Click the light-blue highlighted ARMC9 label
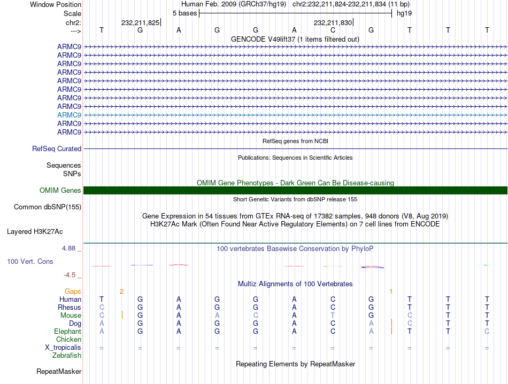(69, 115)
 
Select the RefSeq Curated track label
(57, 149)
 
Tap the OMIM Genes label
(60, 191)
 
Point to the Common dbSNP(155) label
(48, 207)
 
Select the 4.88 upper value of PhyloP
(70, 248)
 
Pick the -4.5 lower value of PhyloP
(71, 275)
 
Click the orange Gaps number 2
(122, 291)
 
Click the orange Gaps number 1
(391, 291)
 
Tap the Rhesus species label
(70, 308)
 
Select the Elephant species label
(67, 332)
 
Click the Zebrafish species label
(67, 356)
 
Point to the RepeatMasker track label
(59, 371)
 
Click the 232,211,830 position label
(333, 23)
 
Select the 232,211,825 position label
(140, 23)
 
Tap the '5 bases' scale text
(184, 13)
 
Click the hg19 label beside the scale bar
(404, 13)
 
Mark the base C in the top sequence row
(333, 30)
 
